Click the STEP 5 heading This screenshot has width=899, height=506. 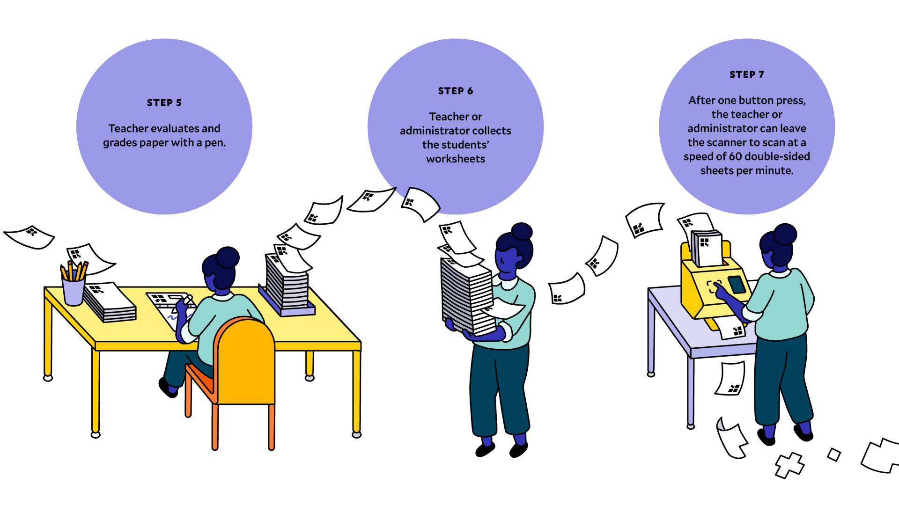164,103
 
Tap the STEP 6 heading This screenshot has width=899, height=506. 455,91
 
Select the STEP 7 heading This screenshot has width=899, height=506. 746,75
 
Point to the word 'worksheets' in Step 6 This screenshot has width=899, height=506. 455,159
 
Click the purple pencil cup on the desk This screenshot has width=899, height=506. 74,290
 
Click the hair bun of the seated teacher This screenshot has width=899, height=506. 228,257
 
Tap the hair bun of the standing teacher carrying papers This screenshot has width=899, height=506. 522,231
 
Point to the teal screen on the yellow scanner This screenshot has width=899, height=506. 737,284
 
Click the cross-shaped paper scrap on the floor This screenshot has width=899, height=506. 789,465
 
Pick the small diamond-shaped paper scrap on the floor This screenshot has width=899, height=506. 834,454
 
